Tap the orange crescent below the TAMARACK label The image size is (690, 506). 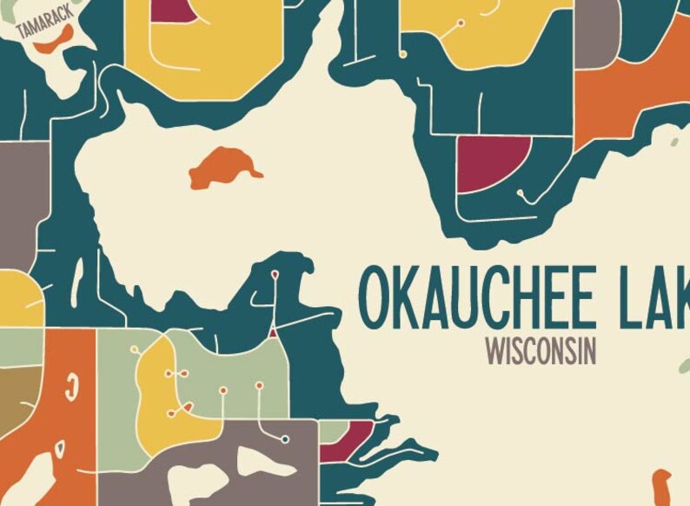click(55, 38)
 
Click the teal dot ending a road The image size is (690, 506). click(285, 439)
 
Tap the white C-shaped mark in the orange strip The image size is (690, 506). click(71, 383)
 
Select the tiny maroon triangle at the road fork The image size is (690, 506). click(272, 331)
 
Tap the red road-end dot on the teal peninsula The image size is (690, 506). click(275, 275)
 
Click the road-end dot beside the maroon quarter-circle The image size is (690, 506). click(520, 192)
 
